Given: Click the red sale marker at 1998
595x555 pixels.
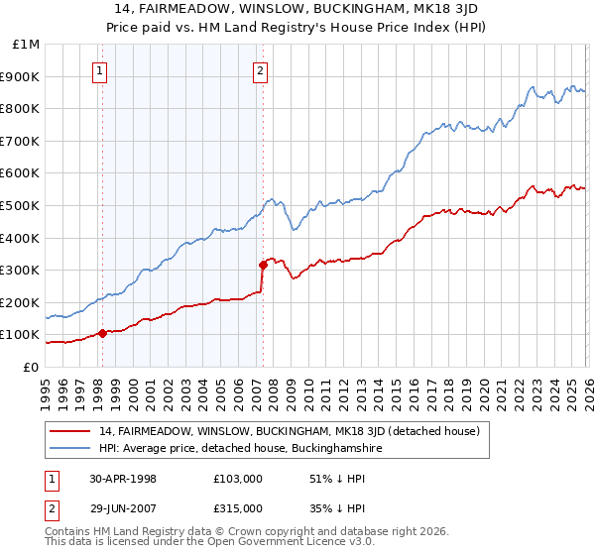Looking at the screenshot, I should [102, 333].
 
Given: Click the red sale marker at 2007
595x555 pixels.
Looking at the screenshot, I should [263, 265].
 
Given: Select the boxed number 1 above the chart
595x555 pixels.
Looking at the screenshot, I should [101, 70].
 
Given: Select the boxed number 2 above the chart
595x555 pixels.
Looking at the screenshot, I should [260, 70].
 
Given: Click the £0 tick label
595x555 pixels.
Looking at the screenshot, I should [30, 367].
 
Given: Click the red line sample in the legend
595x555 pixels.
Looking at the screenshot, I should [71, 431].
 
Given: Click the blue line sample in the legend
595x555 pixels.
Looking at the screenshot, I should [71, 449].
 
